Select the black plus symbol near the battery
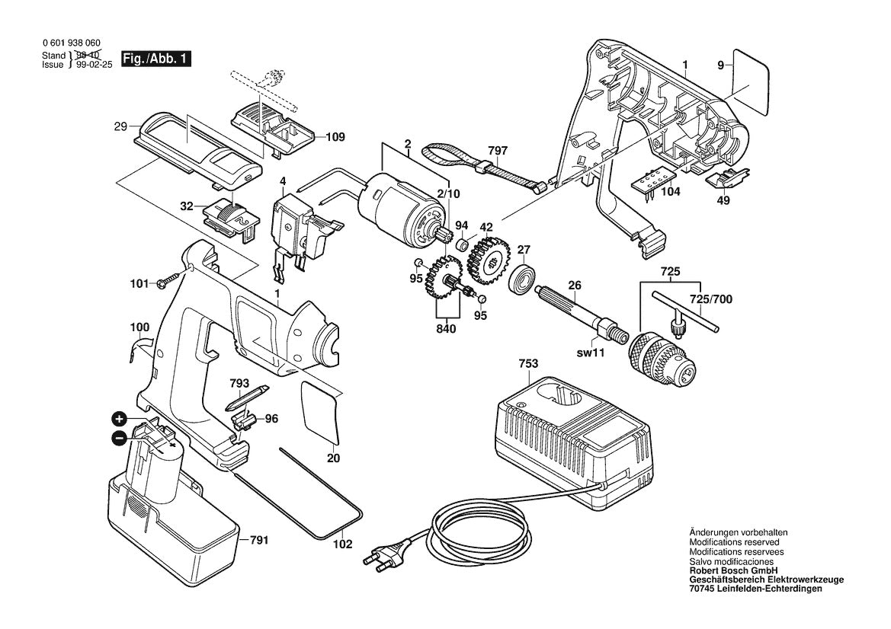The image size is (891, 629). click(119, 418)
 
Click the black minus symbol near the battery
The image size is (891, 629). click(119, 438)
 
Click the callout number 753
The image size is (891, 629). click(528, 364)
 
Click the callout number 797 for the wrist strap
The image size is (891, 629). click(496, 151)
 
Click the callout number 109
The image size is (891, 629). click(335, 138)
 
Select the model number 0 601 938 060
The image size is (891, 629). click(70, 45)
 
